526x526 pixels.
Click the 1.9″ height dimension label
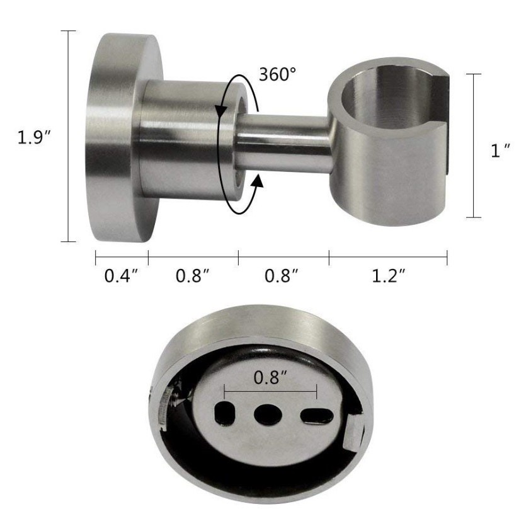pyautogui.click(x=34, y=137)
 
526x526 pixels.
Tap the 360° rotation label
pyautogui.click(x=278, y=74)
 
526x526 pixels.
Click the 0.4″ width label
pyautogui.click(x=121, y=276)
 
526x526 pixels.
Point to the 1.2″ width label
pyautogui.click(x=389, y=276)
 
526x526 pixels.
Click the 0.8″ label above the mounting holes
pyautogui.click(x=270, y=377)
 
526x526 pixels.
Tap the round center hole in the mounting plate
pyautogui.click(x=267, y=414)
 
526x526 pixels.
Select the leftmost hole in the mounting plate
pyautogui.click(x=224, y=413)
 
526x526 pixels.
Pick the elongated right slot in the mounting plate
pyautogui.click(x=317, y=416)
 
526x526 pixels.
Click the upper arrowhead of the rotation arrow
pyautogui.click(x=220, y=112)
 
